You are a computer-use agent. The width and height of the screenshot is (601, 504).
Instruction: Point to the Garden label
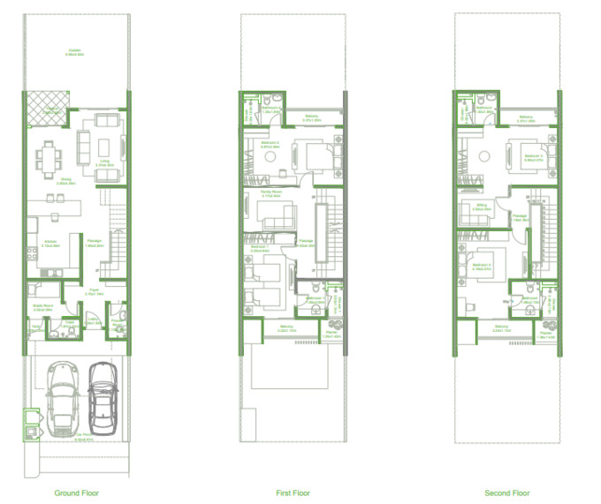coord(76,51)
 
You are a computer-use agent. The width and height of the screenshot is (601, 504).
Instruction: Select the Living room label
coord(103,162)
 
